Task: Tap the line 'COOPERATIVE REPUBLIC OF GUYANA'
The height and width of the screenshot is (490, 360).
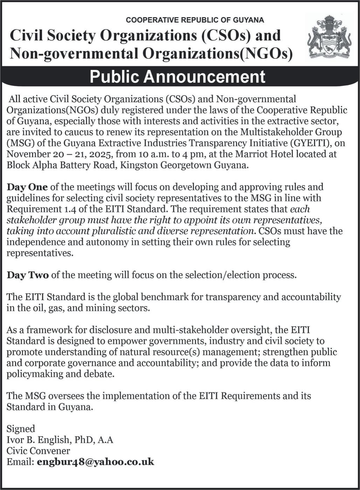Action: pos(195,20)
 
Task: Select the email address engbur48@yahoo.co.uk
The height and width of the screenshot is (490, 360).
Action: pos(95,462)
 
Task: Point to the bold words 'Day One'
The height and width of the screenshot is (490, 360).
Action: pos(27,187)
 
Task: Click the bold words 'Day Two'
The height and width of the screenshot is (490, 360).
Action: pos(28,275)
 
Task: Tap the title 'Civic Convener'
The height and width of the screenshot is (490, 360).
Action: pos(38,451)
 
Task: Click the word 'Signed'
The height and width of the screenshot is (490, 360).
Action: pos(21,429)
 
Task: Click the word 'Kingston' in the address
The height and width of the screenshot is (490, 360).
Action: pos(139,165)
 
